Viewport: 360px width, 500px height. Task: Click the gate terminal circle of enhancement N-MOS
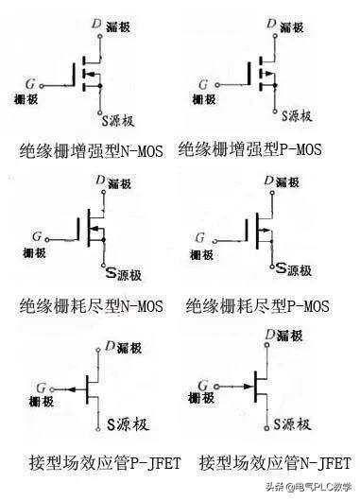pyautogui.click(x=43, y=83)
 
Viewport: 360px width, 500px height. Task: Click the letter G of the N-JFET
pyautogui.click(x=203, y=379)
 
